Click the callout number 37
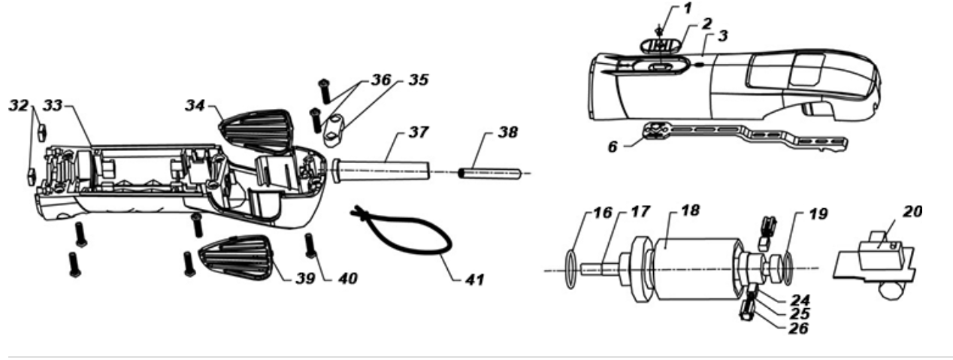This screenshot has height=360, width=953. (418, 132)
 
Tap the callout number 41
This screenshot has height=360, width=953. (474, 280)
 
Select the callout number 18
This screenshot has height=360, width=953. (690, 210)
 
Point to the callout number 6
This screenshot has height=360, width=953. (613, 147)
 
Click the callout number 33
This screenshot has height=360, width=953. (53, 105)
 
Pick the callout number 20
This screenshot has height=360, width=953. (912, 211)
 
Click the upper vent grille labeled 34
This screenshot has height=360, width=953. (257, 131)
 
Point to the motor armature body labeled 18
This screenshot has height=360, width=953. (697, 269)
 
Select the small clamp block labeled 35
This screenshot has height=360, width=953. (333, 130)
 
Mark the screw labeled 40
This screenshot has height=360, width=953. (310, 246)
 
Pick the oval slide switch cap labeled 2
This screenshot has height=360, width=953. (659, 46)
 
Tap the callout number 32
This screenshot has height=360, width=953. (18, 105)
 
